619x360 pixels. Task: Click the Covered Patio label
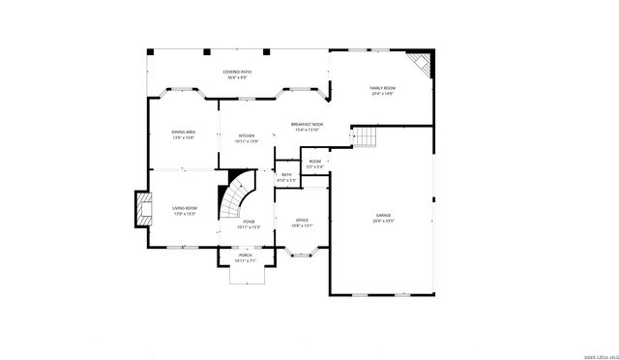237,72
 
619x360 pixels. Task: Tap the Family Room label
383,88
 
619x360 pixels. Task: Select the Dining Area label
184,132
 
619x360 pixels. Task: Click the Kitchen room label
246,135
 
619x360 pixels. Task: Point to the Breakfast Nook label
307,124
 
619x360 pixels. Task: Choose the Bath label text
286,174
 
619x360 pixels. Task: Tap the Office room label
302,221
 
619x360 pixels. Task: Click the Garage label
384,215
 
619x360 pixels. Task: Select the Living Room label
185,208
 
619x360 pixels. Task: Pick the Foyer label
249,222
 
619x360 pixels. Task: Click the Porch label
246,255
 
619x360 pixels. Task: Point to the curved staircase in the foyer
235,198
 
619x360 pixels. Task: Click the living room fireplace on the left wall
142,209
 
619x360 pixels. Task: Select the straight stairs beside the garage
363,138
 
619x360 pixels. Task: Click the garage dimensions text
384,221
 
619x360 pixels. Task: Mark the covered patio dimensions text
237,77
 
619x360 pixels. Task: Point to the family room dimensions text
383,94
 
